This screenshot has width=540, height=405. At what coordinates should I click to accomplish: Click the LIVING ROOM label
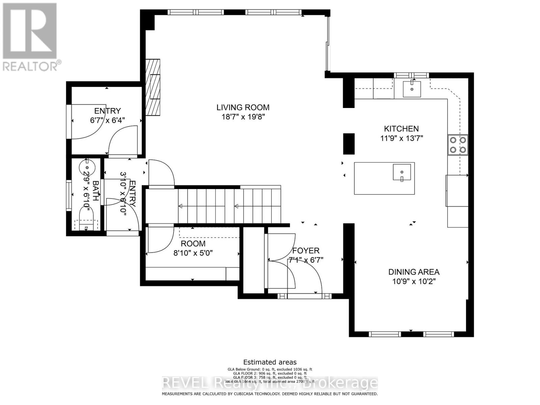pyautogui.click(x=243, y=108)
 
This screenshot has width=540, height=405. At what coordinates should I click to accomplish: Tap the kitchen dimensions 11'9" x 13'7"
pyautogui.click(x=401, y=138)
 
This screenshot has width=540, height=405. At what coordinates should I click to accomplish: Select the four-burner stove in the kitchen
pyautogui.click(x=458, y=145)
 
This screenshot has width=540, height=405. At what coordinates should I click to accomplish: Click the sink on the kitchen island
pyautogui.click(x=402, y=172)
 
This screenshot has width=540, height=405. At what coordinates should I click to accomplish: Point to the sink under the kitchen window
pyautogui.click(x=412, y=88)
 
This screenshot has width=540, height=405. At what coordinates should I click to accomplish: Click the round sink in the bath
pyautogui.click(x=87, y=167)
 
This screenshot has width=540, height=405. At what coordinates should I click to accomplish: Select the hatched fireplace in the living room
pyautogui.click(x=153, y=88)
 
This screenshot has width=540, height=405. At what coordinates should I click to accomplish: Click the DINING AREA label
pyautogui.click(x=414, y=272)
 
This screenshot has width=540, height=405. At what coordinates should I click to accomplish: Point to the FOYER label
pyautogui.click(x=306, y=251)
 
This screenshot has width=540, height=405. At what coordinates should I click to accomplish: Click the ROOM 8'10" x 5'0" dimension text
pyautogui.click(x=193, y=253)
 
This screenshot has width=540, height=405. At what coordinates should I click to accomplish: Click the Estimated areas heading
pyautogui.click(x=270, y=362)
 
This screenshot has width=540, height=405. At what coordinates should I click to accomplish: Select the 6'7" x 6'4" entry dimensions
pyautogui.click(x=107, y=120)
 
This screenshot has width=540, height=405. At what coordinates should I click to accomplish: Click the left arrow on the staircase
pyautogui.click(x=181, y=206)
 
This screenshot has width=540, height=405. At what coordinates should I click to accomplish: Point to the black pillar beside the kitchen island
pyautogui.click(x=349, y=144)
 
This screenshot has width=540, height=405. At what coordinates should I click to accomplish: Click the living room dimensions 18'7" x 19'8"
pyautogui.click(x=243, y=117)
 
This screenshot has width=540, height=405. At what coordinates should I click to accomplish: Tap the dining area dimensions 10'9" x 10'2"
pyautogui.click(x=414, y=281)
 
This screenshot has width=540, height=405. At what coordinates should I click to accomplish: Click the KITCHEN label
pyautogui.click(x=401, y=129)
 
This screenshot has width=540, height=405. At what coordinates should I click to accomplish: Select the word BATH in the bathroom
pyautogui.click(x=96, y=191)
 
